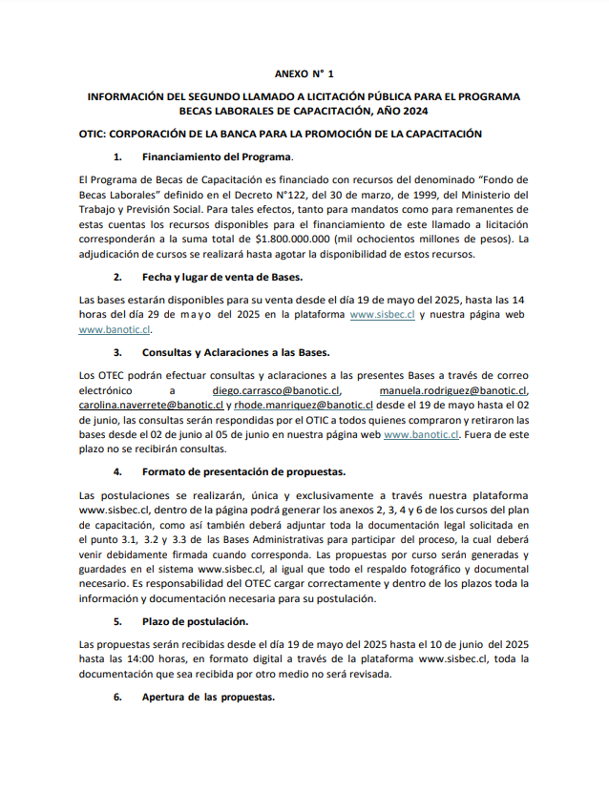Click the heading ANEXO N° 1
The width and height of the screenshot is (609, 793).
click(x=304, y=73)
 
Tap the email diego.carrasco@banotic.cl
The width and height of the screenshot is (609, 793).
click(x=276, y=390)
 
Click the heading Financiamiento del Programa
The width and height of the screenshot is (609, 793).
click(x=217, y=157)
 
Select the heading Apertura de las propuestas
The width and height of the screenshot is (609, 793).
click(x=208, y=697)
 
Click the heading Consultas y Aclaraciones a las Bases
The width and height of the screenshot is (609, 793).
click(x=235, y=353)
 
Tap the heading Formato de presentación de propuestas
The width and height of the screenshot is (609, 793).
click(x=243, y=471)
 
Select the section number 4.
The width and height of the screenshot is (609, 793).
click(x=117, y=471)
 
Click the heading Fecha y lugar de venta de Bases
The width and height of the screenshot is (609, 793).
click(x=222, y=277)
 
